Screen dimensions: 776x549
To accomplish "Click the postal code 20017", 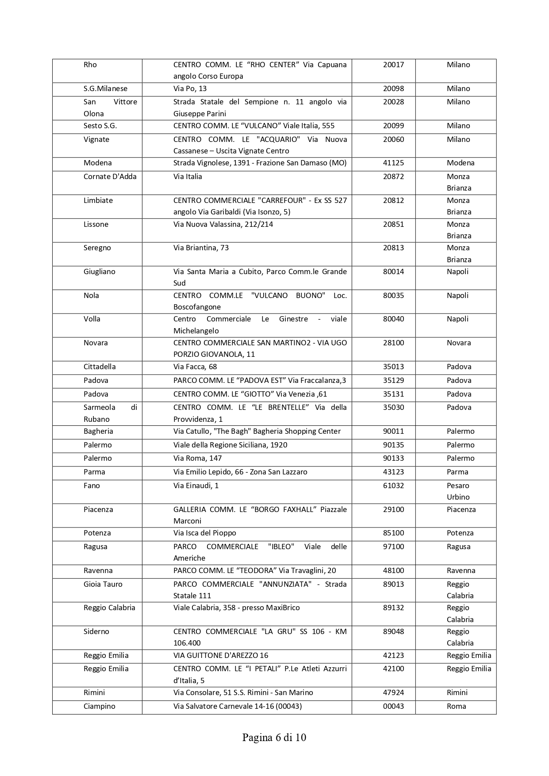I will tap(393, 65).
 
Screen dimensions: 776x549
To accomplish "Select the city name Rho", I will tap(90, 65).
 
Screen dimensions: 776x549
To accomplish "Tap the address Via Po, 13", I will tap(190, 88).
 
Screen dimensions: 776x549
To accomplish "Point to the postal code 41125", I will tap(393, 163).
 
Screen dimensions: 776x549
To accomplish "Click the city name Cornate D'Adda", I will tap(110, 176).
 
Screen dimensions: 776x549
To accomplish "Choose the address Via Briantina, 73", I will tap(201, 248).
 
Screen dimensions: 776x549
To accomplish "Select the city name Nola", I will tap(91, 295).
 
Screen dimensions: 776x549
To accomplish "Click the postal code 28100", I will tap(393, 343).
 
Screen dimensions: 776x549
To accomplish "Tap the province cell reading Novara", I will tap(459, 343).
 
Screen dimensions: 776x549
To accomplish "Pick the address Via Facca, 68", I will tap(195, 367).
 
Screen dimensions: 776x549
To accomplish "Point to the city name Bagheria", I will tap(98, 431).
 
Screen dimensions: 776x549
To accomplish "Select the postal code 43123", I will tap(393, 472).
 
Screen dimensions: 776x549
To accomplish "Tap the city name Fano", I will tap(92, 485).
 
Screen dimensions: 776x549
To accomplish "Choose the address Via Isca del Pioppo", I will tap(205, 533).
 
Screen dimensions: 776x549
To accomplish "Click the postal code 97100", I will tap(393, 547).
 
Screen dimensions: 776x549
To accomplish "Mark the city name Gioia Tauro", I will tap(103, 584).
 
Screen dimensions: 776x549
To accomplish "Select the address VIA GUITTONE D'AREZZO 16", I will tap(221, 655).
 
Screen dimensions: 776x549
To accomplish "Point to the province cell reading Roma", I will tap(457, 706).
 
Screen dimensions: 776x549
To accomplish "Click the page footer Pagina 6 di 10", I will tap(274, 738).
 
